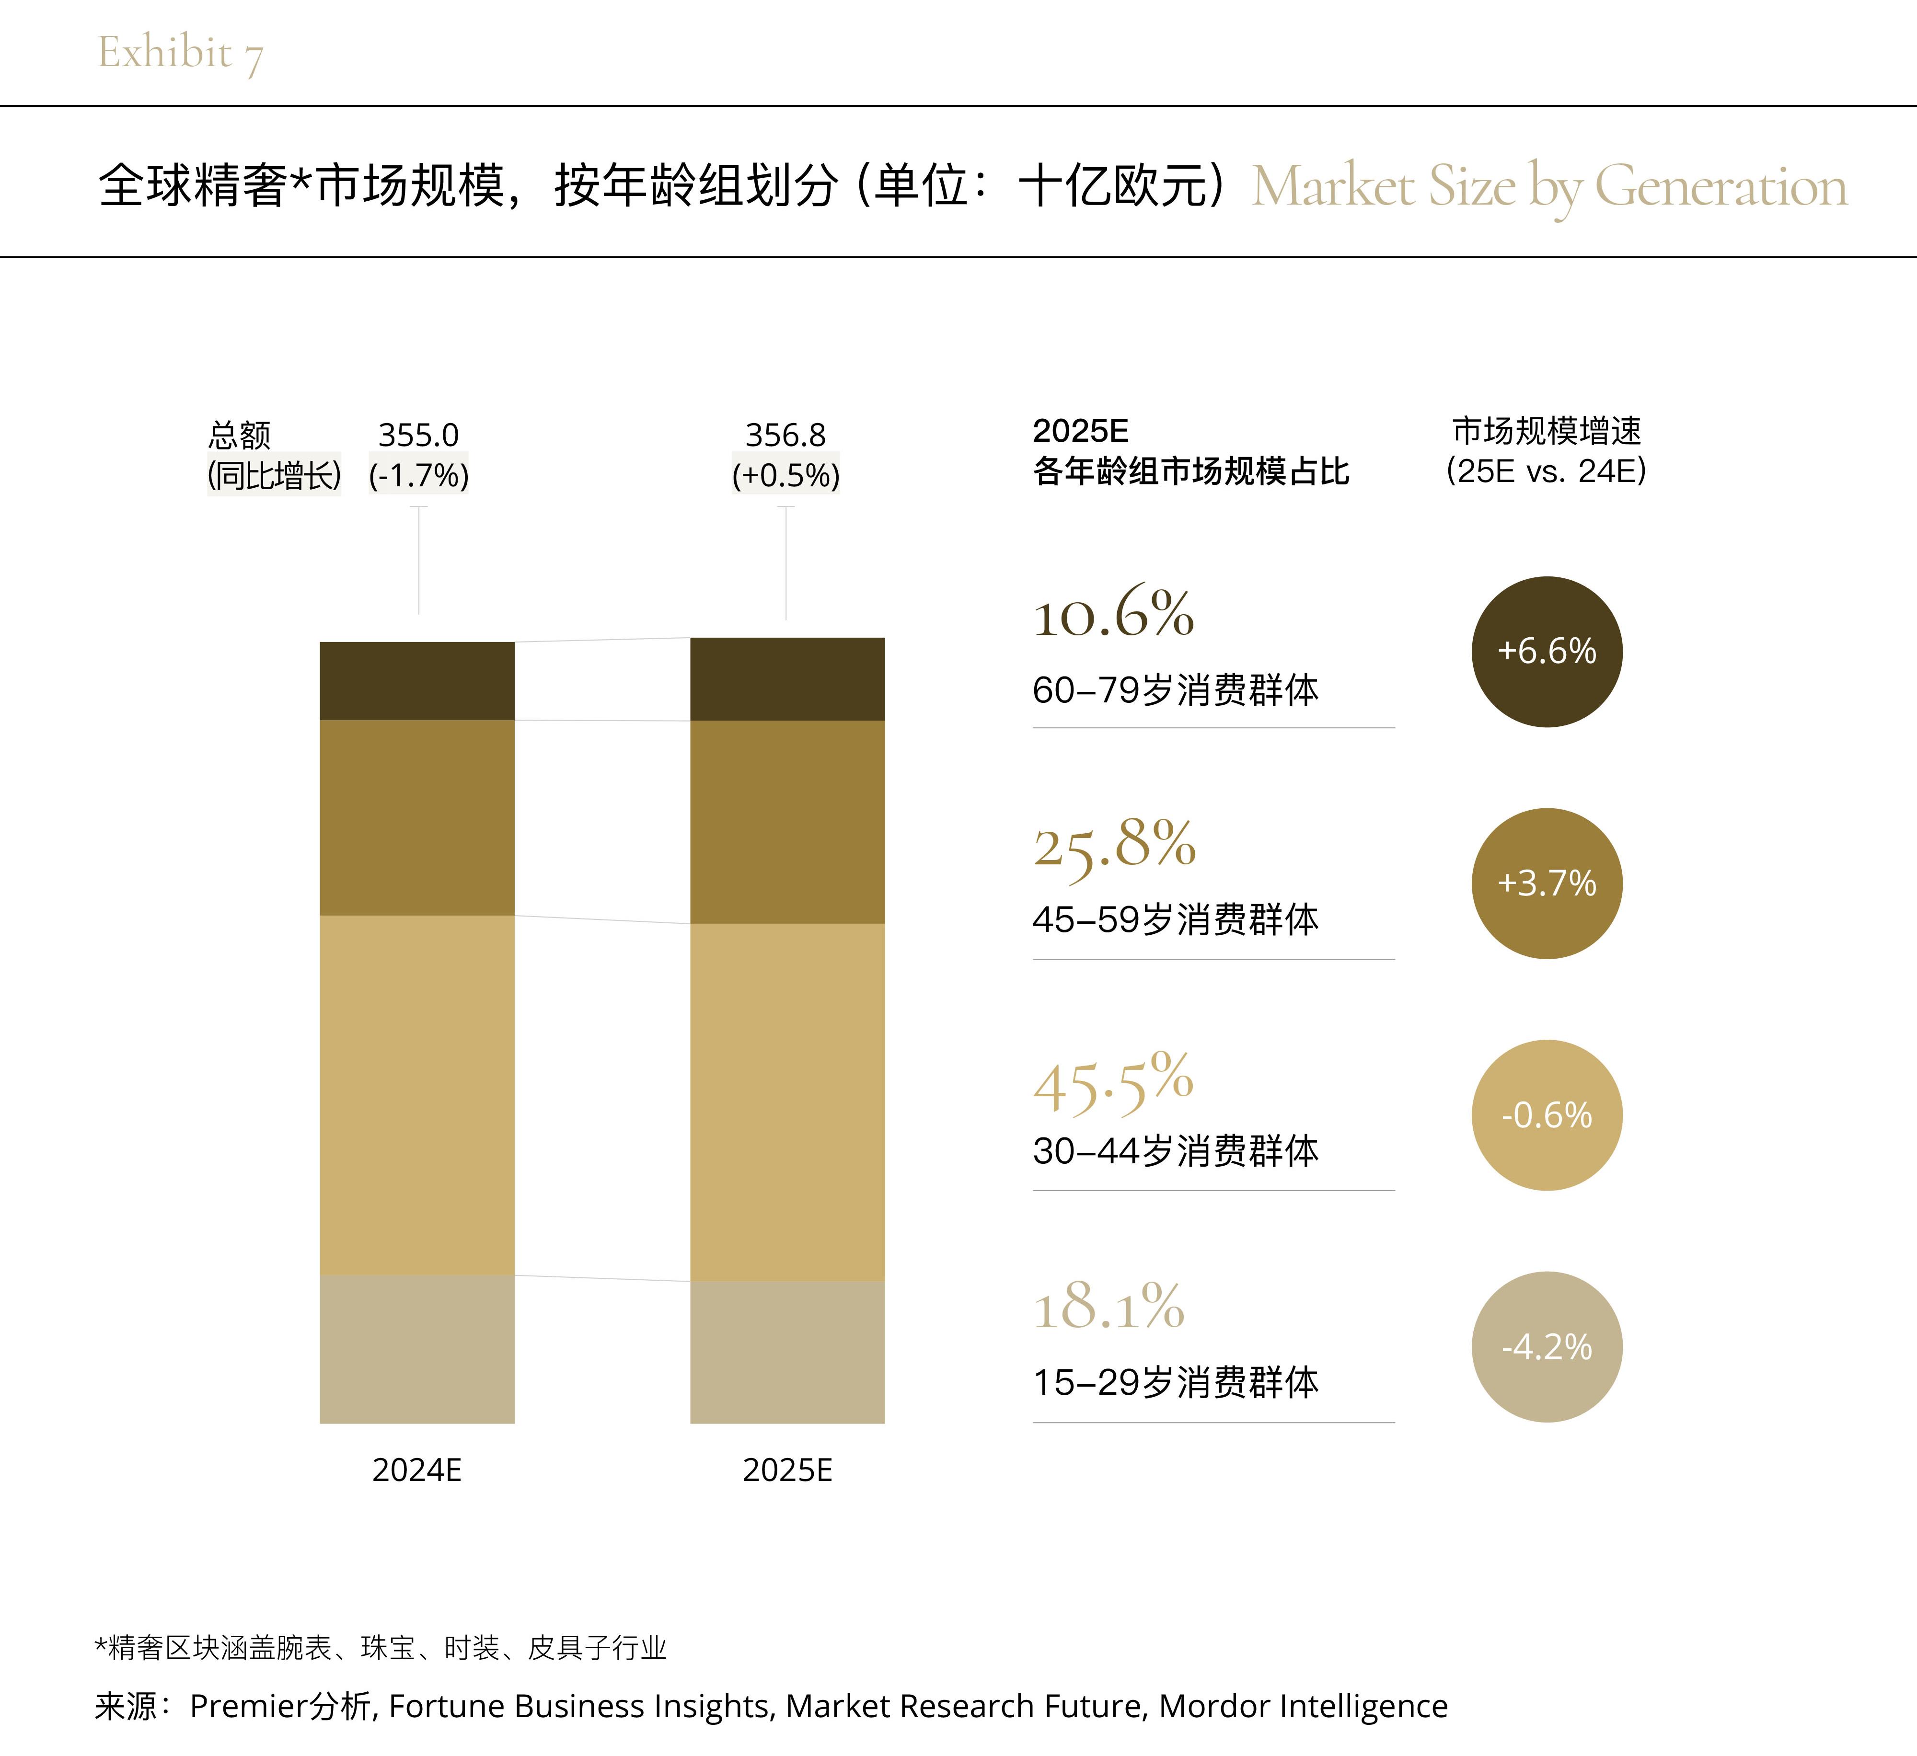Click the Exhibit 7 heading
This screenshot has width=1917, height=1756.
click(180, 53)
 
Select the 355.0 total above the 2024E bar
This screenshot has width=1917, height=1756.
click(418, 436)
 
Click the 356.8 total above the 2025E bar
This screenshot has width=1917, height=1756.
click(785, 436)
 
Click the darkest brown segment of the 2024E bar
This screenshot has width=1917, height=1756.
click(416, 681)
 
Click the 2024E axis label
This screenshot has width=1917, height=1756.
click(416, 1471)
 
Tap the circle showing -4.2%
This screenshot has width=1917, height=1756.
click(1546, 1347)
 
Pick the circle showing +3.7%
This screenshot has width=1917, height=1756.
click(1546, 883)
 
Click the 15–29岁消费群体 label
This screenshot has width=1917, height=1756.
click(1175, 1382)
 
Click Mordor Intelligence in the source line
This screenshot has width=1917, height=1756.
click(1303, 1707)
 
